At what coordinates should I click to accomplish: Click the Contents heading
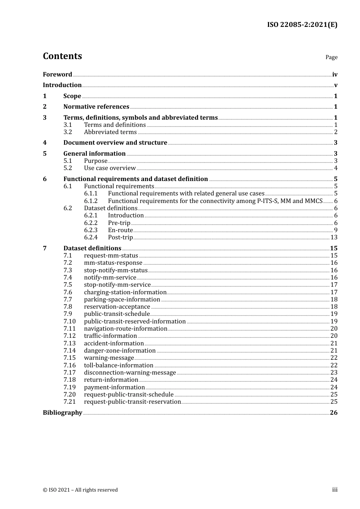pyautogui.click(x=62, y=56)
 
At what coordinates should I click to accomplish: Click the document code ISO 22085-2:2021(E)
pyautogui.click(x=302, y=25)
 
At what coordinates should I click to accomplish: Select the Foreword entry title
pyautogui.click(x=57, y=74)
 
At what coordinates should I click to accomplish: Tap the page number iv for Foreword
pyautogui.click(x=335, y=75)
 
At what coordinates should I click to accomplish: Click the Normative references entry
pyautogui.click(x=96, y=107)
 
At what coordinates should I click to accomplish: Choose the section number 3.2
pyautogui.click(x=68, y=132)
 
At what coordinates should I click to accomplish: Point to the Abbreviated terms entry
pyautogui.click(x=110, y=132)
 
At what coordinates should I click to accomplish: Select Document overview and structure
pyautogui.click(x=115, y=143)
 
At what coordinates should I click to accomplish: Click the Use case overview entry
pyautogui.click(x=110, y=168)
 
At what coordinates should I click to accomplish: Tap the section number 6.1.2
pyautogui.click(x=91, y=201)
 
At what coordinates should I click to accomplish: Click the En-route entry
pyautogui.click(x=121, y=230)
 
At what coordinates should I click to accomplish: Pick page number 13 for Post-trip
pyautogui.click(x=334, y=237)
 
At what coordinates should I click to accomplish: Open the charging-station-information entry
pyautogui.click(x=125, y=292)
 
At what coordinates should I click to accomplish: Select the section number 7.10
pyautogui.click(x=69, y=322)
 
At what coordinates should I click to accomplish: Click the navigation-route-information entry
pyautogui.click(x=125, y=329)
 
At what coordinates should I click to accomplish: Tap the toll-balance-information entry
pyautogui.click(x=119, y=365)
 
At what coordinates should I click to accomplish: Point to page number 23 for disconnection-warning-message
pyautogui.click(x=334, y=373)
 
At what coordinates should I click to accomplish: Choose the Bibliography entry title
pyautogui.click(x=63, y=413)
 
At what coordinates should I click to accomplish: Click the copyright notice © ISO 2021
pyautogui.click(x=80, y=490)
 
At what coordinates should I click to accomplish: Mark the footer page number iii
pyautogui.click(x=335, y=490)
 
